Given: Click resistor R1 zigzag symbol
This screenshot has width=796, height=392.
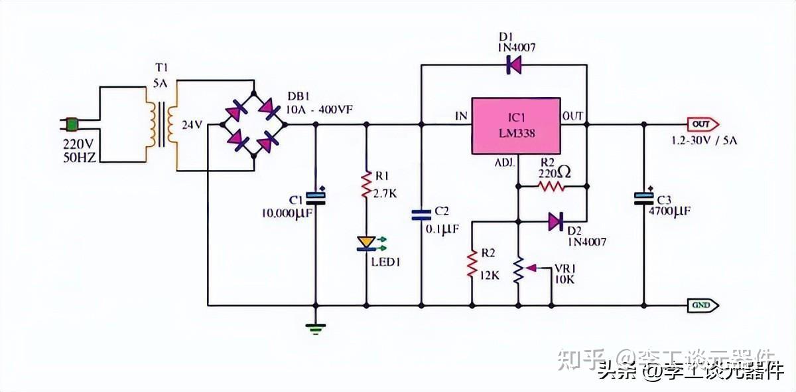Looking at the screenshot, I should point(366,186).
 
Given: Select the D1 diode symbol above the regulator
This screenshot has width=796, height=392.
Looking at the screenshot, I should point(513,65).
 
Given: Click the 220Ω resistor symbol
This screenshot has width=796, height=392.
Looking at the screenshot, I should point(551,187).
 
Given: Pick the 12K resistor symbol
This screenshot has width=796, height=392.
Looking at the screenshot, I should point(472,263).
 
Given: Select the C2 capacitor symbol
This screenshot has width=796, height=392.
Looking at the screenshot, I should point(421,215).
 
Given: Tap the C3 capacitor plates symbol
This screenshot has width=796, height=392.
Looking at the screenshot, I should point(643,198).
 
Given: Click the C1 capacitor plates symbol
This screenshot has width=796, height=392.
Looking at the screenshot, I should point(315,197).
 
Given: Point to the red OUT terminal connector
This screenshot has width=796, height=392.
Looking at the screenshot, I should point(701,124).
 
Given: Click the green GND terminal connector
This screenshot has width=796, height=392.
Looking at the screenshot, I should point(702,306).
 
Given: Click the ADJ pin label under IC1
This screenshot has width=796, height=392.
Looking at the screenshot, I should point(503,161).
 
